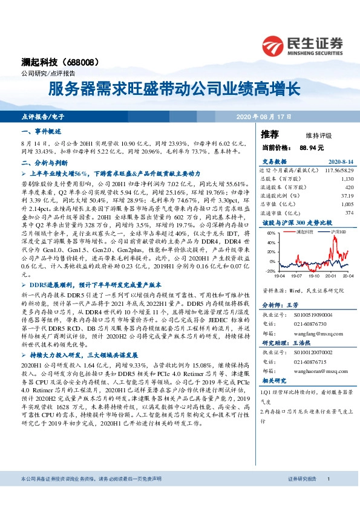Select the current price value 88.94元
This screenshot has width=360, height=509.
point(311,147)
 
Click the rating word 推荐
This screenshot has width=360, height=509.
point(270,134)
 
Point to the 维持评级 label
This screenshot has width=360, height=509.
point(311,135)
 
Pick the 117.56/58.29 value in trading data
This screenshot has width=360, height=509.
point(338,171)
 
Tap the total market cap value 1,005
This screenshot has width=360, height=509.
point(346,204)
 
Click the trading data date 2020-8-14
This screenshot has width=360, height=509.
point(341,162)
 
